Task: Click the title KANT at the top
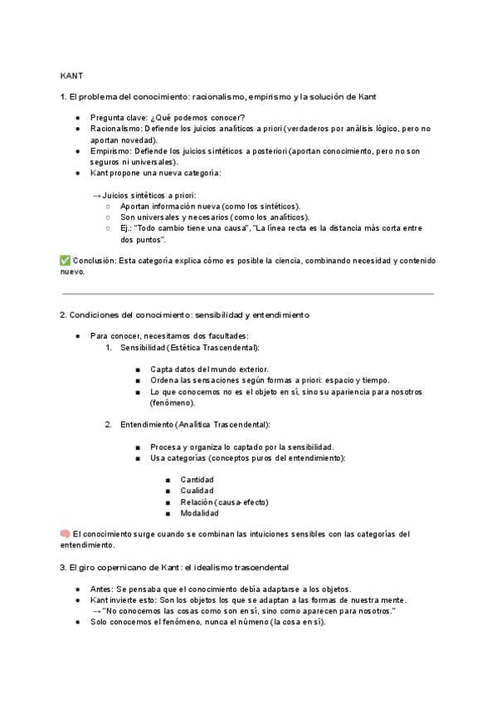tap(71, 74)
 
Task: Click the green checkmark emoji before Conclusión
tap(66, 260)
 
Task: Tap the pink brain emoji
tap(66, 534)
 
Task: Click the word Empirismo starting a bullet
tap(111, 152)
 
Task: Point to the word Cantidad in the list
tap(197, 480)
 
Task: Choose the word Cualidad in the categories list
tap(197, 491)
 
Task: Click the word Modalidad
tap(199, 513)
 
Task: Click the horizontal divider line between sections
tap(248, 293)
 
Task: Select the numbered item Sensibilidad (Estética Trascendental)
tap(189, 347)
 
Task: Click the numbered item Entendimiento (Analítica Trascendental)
tap(194, 425)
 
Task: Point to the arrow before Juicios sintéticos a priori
tap(96, 195)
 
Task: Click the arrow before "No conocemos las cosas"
tap(96, 611)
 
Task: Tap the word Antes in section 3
tap(102, 589)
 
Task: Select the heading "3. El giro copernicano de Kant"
tap(174, 567)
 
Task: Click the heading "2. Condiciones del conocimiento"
tap(183, 315)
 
